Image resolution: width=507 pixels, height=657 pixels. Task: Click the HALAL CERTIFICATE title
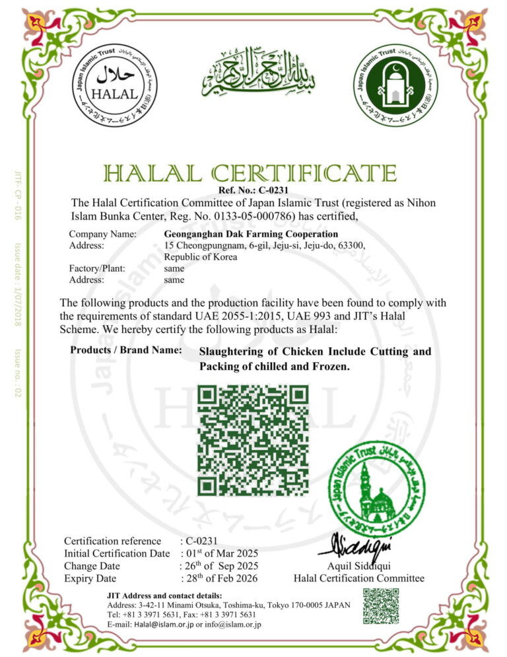pos(250,173)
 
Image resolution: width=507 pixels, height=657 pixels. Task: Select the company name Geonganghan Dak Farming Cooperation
pos(250,234)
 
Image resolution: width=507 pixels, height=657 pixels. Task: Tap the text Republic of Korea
pos(200,257)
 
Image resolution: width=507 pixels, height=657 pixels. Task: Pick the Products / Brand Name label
pos(126,350)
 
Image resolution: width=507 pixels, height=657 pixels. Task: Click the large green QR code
pos(253,440)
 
